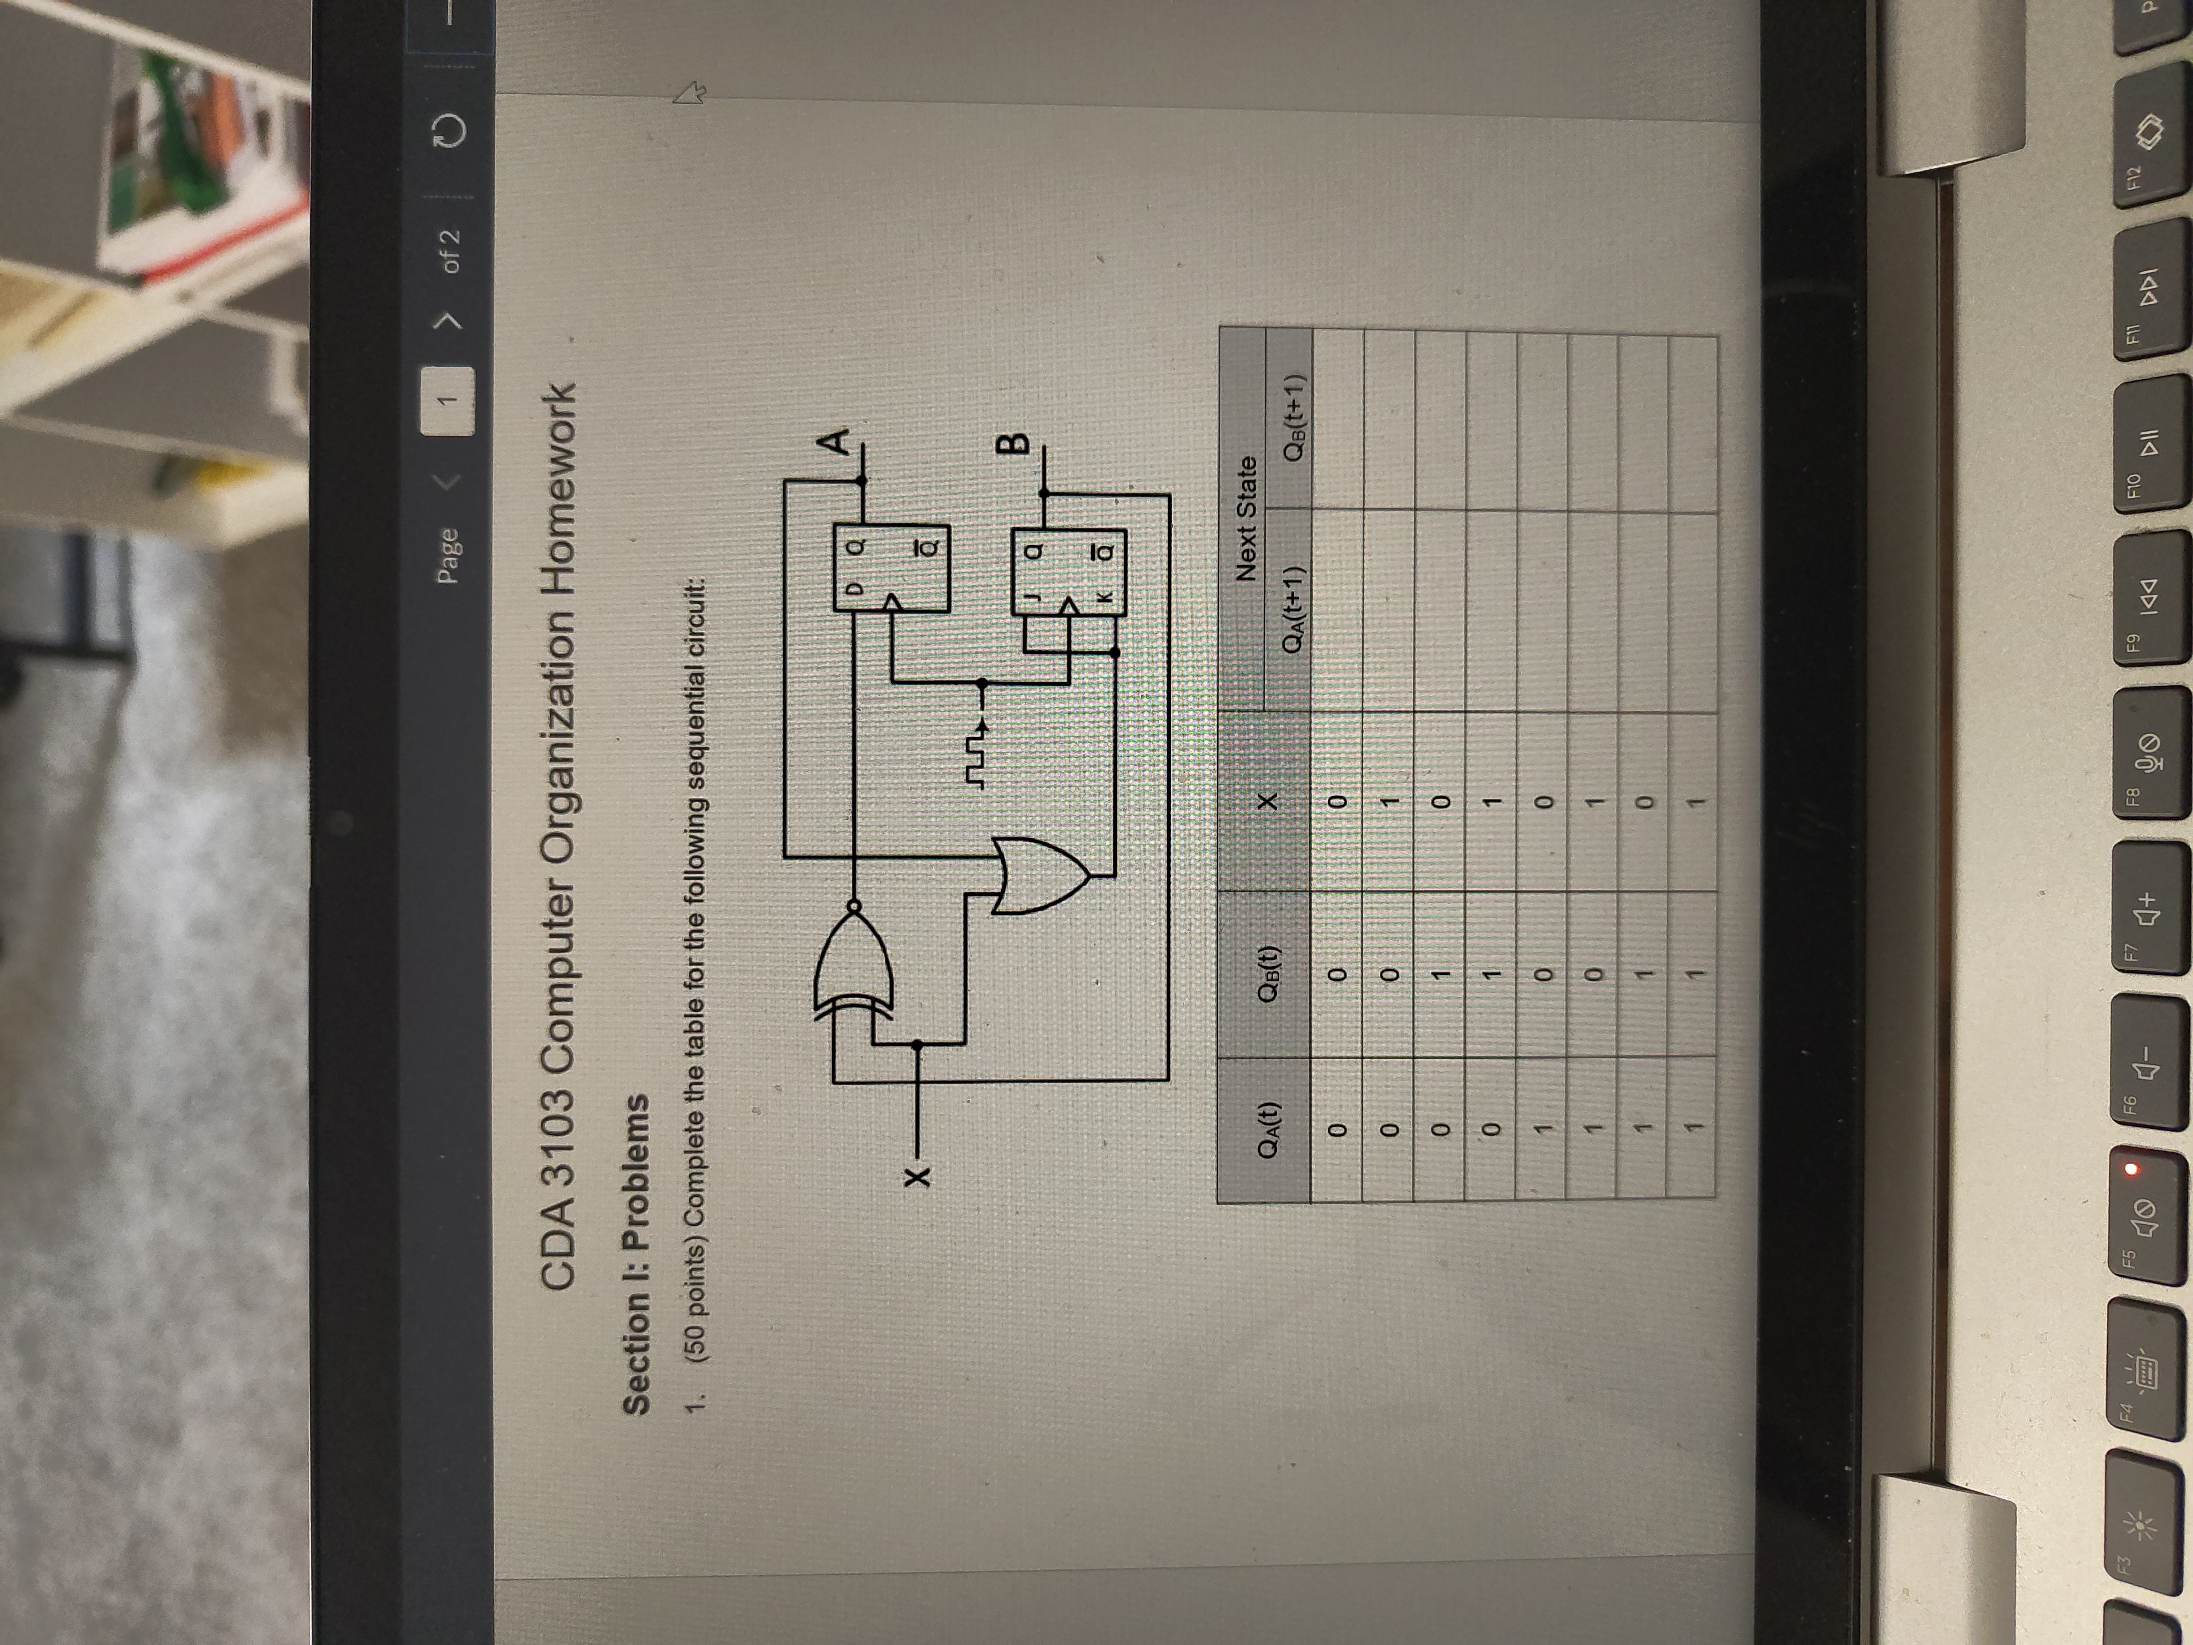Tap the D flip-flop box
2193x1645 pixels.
point(890,567)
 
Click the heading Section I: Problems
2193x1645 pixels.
point(634,1254)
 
